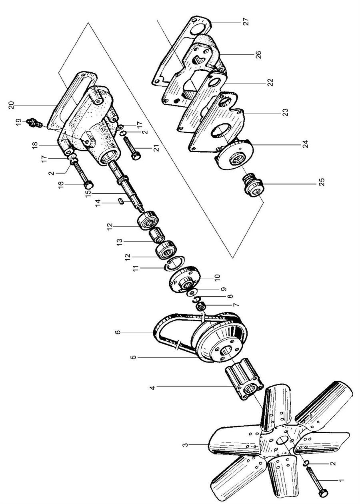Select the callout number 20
pyautogui.click(x=12, y=105)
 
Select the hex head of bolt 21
pyautogui.click(x=136, y=156)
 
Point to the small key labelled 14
pyautogui.click(x=121, y=201)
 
